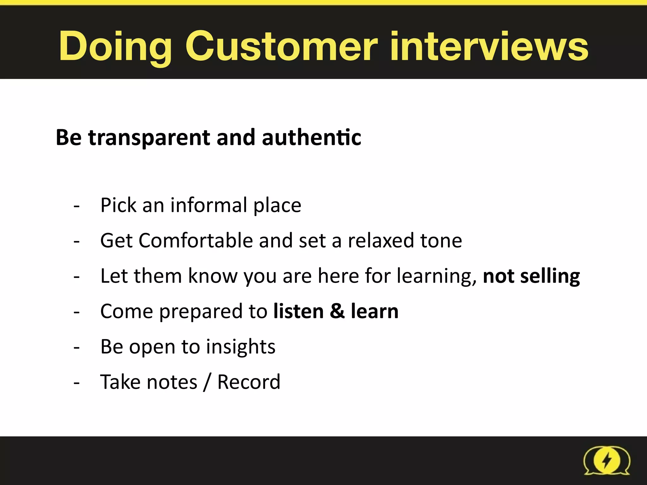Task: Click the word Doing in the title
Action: (115, 47)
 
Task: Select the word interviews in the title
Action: (489, 47)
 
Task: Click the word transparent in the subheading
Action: (149, 138)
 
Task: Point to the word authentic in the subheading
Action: (311, 138)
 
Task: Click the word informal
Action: (209, 205)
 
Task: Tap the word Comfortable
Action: (196, 241)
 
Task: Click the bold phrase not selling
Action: (531, 276)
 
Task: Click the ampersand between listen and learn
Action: (337, 311)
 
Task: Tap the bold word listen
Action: (299, 311)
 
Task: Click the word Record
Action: (249, 382)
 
